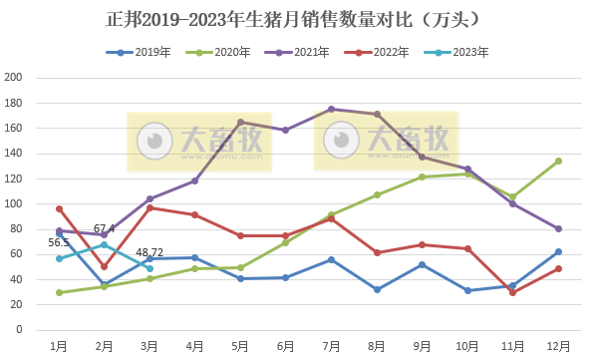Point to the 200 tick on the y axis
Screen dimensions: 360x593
(x=14, y=78)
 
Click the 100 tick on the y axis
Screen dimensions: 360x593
(x=14, y=203)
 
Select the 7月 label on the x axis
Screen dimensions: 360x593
(x=331, y=345)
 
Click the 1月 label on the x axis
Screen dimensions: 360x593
(x=60, y=345)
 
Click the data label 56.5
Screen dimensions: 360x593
(x=59, y=242)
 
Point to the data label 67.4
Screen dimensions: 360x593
(x=105, y=228)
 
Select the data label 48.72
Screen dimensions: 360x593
(x=150, y=253)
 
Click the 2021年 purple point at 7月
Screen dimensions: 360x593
(x=331, y=109)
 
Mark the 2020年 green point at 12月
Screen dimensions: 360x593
(x=558, y=161)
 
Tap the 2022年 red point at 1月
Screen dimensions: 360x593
(x=60, y=208)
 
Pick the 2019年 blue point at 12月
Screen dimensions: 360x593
(x=558, y=251)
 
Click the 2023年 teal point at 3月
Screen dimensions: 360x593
(x=149, y=268)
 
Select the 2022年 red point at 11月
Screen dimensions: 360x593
(x=512, y=292)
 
